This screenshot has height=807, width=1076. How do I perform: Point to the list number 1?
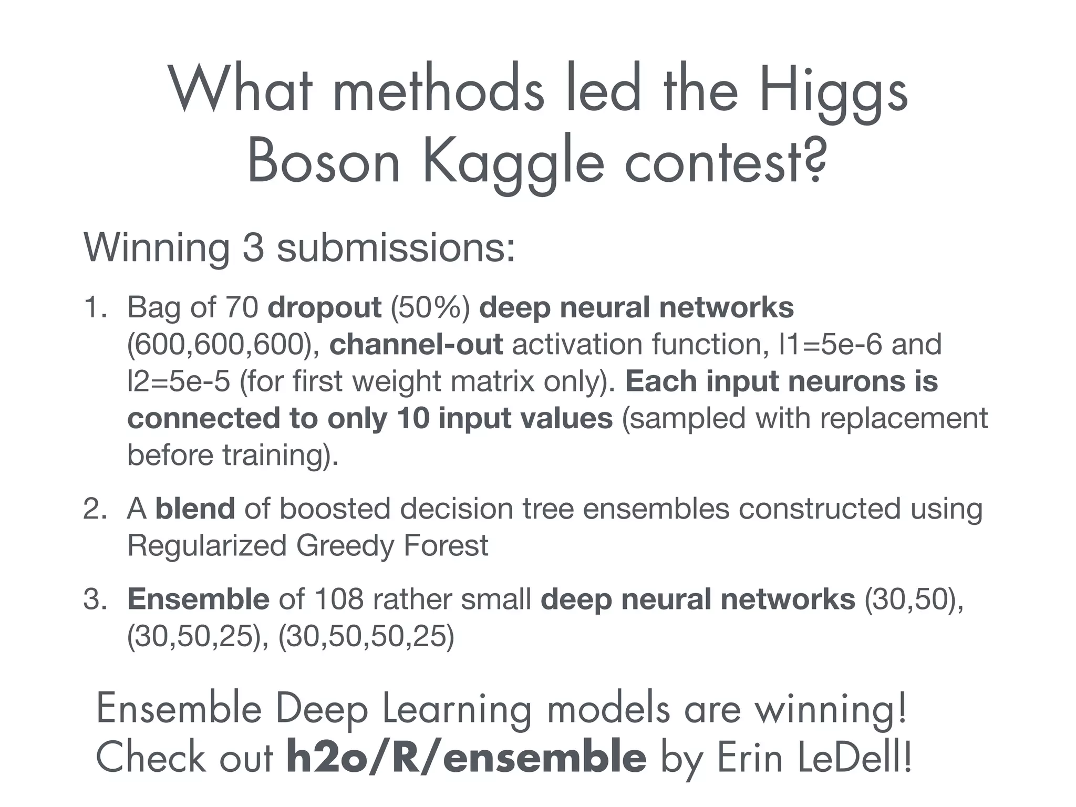(94, 307)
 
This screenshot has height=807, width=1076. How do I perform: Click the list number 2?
(94, 509)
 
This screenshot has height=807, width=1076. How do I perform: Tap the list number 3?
(94, 599)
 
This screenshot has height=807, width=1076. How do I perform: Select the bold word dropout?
(324, 308)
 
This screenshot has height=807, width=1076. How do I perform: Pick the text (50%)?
(430, 308)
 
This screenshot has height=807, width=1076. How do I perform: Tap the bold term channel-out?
(416, 345)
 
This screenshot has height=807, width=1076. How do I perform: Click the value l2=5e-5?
(179, 381)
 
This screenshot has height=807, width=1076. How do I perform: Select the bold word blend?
(195, 509)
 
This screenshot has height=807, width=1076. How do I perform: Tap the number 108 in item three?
(339, 599)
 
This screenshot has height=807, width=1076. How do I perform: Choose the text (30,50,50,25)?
(366, 636)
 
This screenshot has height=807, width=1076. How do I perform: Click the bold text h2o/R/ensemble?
(465, 757)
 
